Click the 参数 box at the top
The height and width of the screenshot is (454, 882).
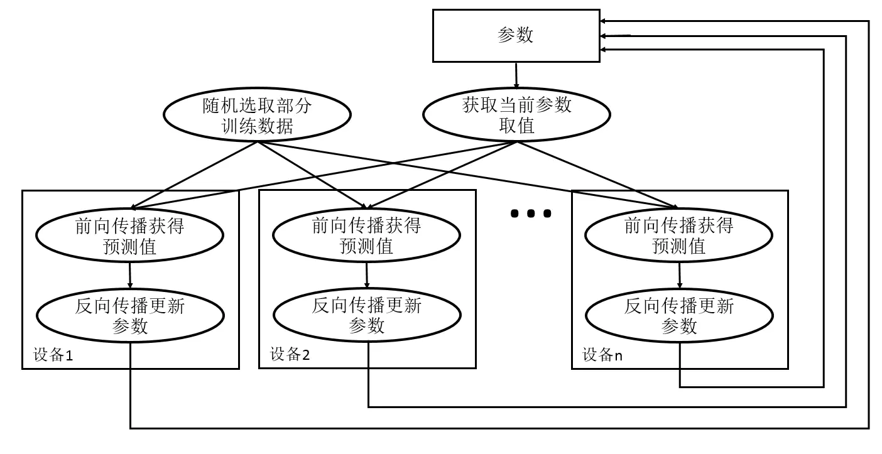516,36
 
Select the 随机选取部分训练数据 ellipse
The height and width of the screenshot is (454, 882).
257,116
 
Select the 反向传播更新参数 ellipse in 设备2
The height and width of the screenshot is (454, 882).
367,316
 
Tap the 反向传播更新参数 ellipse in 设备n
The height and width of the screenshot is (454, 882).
679,316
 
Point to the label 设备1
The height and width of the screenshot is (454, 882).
53,355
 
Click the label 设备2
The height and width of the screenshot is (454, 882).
290,355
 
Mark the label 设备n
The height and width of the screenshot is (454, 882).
602,355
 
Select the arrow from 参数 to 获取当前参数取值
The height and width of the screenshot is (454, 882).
516,75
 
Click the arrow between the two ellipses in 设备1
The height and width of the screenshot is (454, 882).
130,274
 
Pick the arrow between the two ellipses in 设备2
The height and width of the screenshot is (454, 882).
367,274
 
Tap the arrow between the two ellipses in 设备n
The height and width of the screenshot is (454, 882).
679,274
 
